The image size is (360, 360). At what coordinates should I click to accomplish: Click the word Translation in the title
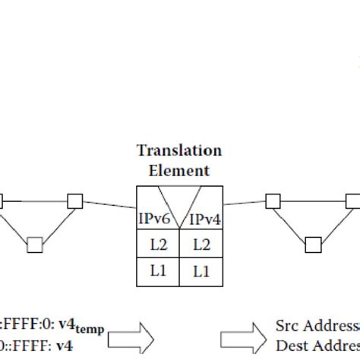[179, 151]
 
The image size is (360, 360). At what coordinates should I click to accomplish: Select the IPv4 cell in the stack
[203, 219]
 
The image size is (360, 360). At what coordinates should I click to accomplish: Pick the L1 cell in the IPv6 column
[157, 271]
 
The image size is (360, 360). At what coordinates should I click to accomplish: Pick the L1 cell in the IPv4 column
[201, 271]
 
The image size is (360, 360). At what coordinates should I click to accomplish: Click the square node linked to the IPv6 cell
[74, 201]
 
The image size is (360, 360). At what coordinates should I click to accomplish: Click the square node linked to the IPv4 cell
[272, 201]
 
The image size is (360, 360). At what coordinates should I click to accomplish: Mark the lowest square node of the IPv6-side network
[34, 244]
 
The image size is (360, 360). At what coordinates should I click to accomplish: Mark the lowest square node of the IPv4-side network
[312, 244]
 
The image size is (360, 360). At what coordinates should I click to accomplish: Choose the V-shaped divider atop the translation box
[179, 199]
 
